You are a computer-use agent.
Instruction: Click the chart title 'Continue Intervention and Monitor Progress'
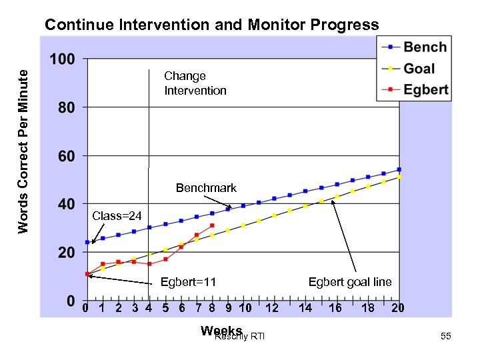(x=211, y=25)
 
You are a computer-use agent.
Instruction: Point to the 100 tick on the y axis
(x=62, y=60)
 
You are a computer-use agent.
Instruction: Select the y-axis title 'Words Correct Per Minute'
(x=24, y=151)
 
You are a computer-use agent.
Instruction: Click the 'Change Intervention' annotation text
(x=195, y=83)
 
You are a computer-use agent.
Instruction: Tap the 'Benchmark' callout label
(x=206, y=188)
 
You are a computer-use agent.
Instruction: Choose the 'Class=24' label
(x=117, y=215)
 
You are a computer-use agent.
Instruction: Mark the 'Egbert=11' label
(x=188, y=282)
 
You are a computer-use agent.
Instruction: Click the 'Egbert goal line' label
(x=350, y=282)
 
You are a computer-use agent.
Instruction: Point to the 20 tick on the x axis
(x=398, y=308)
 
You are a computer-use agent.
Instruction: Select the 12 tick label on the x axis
(x=272, y=308)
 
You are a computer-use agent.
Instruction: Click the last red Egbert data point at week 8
(x=212, y=225)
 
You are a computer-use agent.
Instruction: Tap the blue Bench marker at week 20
(x=399, y=169)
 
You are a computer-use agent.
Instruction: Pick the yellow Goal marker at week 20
(x=399, y=177)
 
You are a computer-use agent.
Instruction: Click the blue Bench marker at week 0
(x=87, y=242)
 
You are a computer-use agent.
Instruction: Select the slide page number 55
(x=446, y=337)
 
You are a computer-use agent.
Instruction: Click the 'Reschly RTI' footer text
(x=240, y=337)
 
